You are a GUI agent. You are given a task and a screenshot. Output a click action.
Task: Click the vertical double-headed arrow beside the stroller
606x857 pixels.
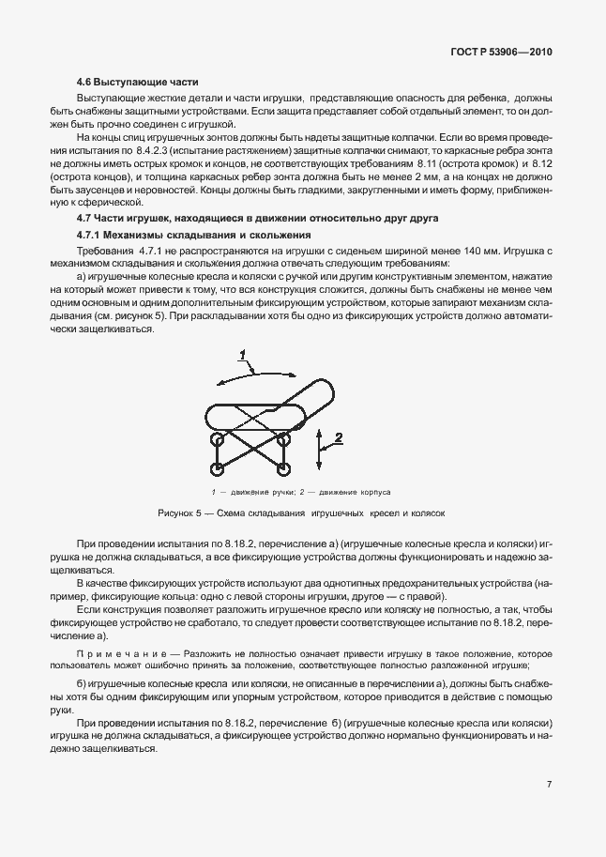320,449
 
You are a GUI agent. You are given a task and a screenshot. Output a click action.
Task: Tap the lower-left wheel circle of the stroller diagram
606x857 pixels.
218,467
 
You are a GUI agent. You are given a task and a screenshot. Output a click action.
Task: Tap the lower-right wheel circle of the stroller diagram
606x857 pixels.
282,467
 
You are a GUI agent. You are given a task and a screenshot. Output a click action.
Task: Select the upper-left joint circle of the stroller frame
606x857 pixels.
218,437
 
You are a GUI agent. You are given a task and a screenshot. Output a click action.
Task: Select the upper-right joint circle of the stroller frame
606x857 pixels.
282,437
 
